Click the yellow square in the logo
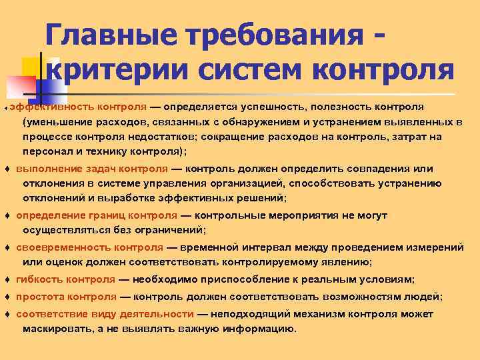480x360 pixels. click(x=31, y=67)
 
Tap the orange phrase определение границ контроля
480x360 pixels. click(x=97, y=216)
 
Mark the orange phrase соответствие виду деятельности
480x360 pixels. click(x=105, y=314)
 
